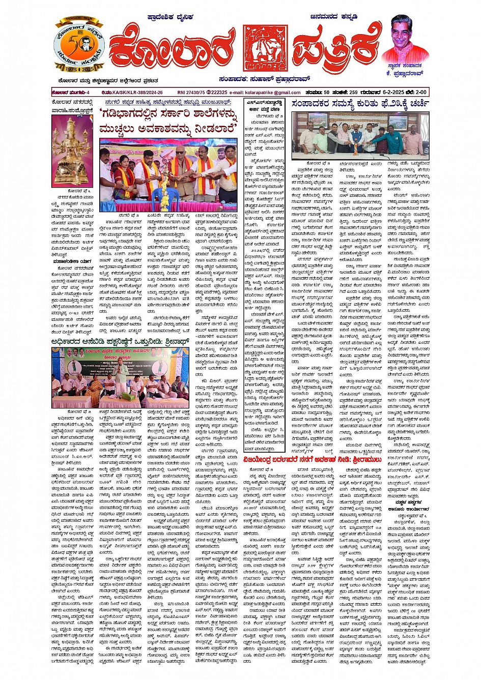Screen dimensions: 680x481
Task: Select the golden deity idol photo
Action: click(72, 151)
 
